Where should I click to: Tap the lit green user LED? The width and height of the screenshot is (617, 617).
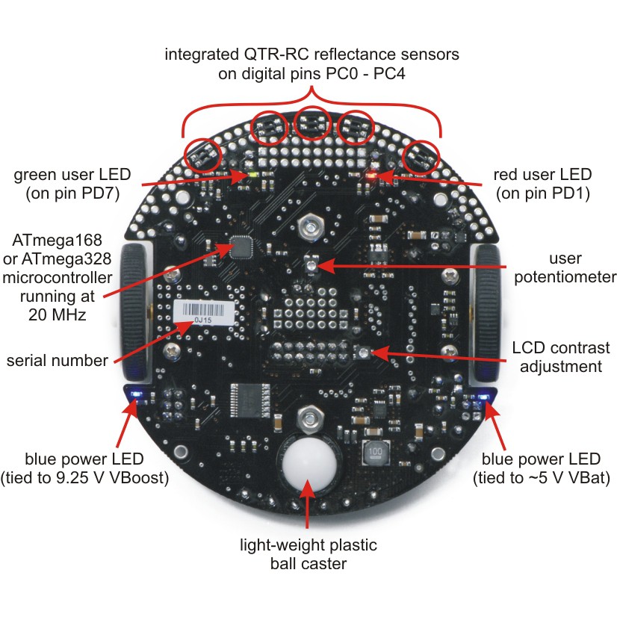tap(252, 176)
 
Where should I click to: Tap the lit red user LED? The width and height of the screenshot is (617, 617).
tap(370, 175)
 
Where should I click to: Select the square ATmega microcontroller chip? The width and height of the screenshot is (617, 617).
tap(241, 247)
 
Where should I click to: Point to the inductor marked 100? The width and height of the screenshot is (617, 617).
tap(375, 452)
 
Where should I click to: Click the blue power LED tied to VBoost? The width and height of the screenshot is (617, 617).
tap(137, 394)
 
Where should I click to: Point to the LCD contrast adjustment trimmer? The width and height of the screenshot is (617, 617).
tap(363, 353)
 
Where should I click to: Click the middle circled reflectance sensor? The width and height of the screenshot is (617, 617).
tap(312, 123)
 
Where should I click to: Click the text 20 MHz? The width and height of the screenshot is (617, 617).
tap(58, 314)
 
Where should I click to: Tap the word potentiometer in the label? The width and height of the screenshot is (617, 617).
tap(565, 277)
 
